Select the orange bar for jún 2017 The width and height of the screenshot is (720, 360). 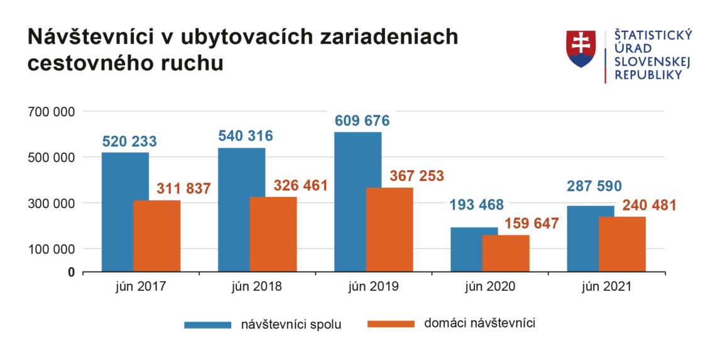tap(156, 236)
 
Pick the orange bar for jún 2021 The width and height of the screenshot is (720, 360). tap(622, 244)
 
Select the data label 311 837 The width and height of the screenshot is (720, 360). tap(183, 188)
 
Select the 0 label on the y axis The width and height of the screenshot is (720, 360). tap(71, 272)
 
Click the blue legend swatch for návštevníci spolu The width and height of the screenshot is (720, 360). tap(207, 324)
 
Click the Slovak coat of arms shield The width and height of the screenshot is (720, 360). tap(581, 49)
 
